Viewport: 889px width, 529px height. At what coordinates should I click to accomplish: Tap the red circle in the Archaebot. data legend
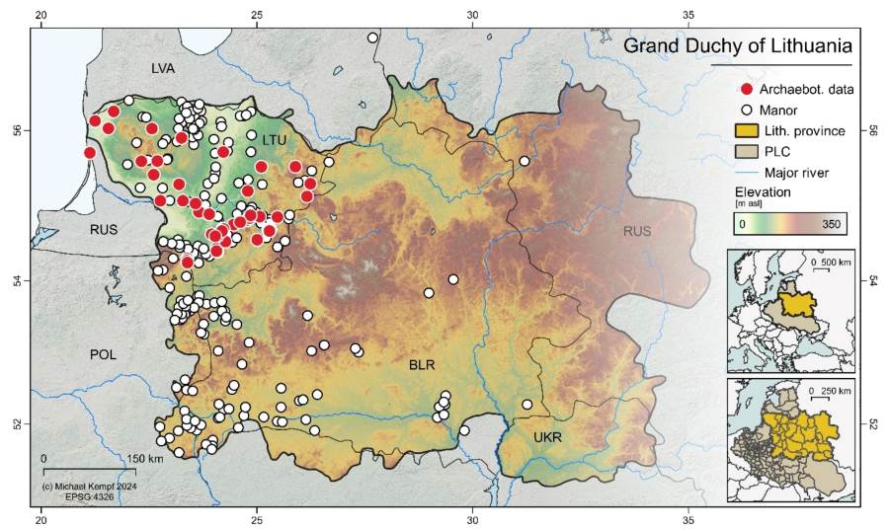[746, 90]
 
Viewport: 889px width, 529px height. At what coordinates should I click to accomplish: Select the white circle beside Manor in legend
[746, 111]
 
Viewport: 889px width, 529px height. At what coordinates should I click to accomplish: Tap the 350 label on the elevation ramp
[830, 225]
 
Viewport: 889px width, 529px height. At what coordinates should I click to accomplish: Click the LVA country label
[163, 69]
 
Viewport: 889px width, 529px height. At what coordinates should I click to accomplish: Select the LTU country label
[274, 141]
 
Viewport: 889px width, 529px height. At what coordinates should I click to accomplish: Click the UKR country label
[546, 436]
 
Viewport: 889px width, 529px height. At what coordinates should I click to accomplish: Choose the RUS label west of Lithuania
[104, 230]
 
